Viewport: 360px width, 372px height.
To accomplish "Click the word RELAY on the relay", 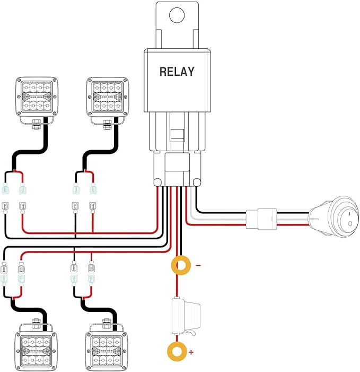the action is [177, 72].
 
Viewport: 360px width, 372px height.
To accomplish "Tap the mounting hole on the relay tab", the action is [177, 15].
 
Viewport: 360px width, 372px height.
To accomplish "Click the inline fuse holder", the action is [186, 316].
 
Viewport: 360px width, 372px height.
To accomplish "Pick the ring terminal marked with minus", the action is [174, 265].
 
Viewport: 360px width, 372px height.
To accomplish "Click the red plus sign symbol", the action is [191, 352].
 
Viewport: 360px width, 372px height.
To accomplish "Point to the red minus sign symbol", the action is [198, 265].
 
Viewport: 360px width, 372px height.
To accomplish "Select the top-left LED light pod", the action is [37, 97].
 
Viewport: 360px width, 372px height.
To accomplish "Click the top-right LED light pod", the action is [108, 97].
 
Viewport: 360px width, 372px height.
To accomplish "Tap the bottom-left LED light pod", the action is [36, 351].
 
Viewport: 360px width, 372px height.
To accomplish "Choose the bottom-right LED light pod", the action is [107, 351].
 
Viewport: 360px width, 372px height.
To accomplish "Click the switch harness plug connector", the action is [261, 219].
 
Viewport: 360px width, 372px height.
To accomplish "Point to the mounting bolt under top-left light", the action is [36, 125].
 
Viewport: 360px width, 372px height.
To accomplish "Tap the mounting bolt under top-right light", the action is [107, 125].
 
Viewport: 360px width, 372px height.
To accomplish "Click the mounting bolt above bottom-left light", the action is [36, 324].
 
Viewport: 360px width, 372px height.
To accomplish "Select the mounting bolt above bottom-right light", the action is [106, 324].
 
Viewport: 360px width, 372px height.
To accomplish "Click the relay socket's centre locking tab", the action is [177, 135].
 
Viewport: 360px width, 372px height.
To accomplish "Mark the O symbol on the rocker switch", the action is [350, 223].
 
